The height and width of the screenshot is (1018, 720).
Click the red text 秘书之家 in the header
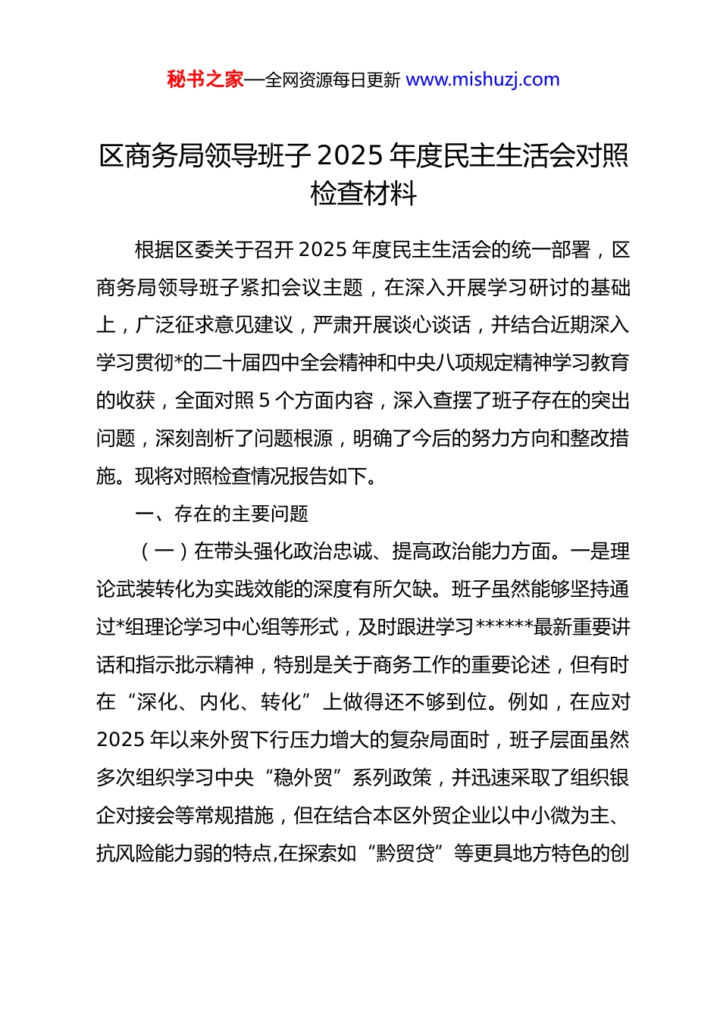tap(205, 80)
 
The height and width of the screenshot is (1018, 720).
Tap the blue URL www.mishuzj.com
tap(483, 80)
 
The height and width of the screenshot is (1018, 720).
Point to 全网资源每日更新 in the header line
tap(333, 80)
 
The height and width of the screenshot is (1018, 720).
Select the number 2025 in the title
tap(349, 155)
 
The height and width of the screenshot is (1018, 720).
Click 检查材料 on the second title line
tap(363, 194)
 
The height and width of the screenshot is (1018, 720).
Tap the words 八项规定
tap(481, 363)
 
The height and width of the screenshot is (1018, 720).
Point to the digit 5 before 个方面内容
tap(265, 401)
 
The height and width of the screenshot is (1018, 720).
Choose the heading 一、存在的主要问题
tap(221, 514)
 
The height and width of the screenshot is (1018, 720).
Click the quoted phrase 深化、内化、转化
tap(219, 702)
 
